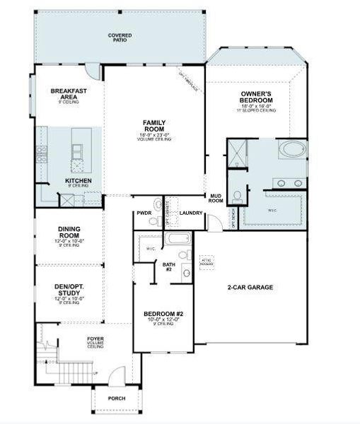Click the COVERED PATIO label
[120, 37]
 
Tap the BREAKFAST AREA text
[69, 93]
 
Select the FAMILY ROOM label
[154, 125]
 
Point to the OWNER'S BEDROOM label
[256, 97]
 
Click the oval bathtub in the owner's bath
[291, 150]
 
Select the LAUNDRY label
[191, 213]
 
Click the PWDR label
[145, 213]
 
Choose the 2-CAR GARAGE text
[250, 287]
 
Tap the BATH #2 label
[168, 266]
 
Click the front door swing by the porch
[123, 375]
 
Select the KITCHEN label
[78, 180]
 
